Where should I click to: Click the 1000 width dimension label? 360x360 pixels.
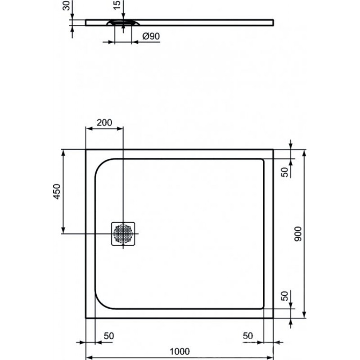coord(180,351)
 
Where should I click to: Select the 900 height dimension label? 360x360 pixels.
coord(298,234)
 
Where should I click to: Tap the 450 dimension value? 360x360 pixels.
coord(57,192)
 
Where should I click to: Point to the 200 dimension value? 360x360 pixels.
coord(104,122)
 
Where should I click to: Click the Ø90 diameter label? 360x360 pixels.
coord(151,36)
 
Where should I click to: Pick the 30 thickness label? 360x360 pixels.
coord(66,5)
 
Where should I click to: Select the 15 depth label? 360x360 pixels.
coord(117,5)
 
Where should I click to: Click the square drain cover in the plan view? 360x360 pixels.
coord(123,234)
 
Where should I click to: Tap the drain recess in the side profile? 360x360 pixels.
coord(123,22)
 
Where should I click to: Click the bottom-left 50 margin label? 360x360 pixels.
coord(108,336)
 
